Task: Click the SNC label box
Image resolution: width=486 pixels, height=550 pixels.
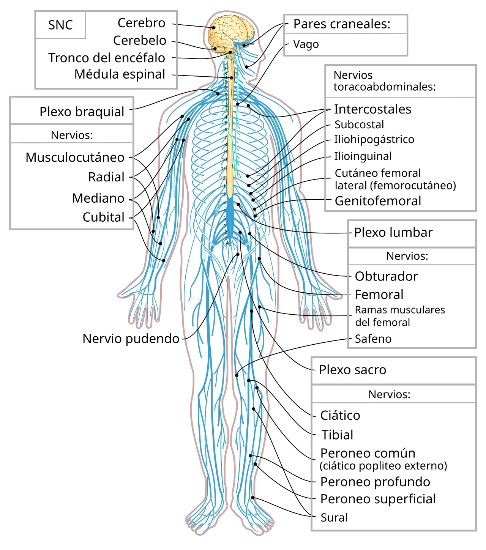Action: [x=60, y=25]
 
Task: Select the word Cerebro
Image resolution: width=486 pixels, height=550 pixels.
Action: [x=142, y=23]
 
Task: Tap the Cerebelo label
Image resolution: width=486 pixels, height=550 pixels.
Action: [x=140, y=41]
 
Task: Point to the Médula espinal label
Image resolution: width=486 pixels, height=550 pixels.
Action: [x=120, y=74]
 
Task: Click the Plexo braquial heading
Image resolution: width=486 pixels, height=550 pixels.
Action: [x=82, y=112]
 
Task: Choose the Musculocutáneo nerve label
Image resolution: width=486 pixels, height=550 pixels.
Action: [x=75, y=158]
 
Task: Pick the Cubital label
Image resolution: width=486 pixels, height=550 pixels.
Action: [x=103, y=217]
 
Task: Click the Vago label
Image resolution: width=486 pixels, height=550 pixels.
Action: [x=306, y=44]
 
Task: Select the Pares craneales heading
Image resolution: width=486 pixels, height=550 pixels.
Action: [x=342, y=24]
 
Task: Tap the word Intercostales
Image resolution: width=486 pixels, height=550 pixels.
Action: [x=372, y=109]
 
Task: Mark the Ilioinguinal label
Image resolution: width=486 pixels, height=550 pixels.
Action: [x=363, y=156]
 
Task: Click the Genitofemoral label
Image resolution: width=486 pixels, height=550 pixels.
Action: [x=378, y=201]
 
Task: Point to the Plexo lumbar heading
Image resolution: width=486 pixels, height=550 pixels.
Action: [x=393, y=233]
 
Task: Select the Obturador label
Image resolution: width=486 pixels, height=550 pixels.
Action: [x=387, y=276]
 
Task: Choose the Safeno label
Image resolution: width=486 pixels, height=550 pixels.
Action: [x=373, y=339]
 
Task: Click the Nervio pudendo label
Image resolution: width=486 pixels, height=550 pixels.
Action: [x=131, y=339]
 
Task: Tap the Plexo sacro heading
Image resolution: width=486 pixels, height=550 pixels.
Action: [x=352, y=370]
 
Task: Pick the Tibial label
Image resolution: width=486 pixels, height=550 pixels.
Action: [x=337, y=435]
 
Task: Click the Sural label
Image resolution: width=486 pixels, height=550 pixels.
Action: [x=334, y=518]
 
